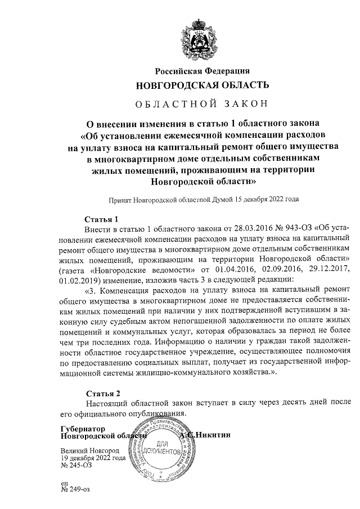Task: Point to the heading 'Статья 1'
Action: [101, 219]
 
